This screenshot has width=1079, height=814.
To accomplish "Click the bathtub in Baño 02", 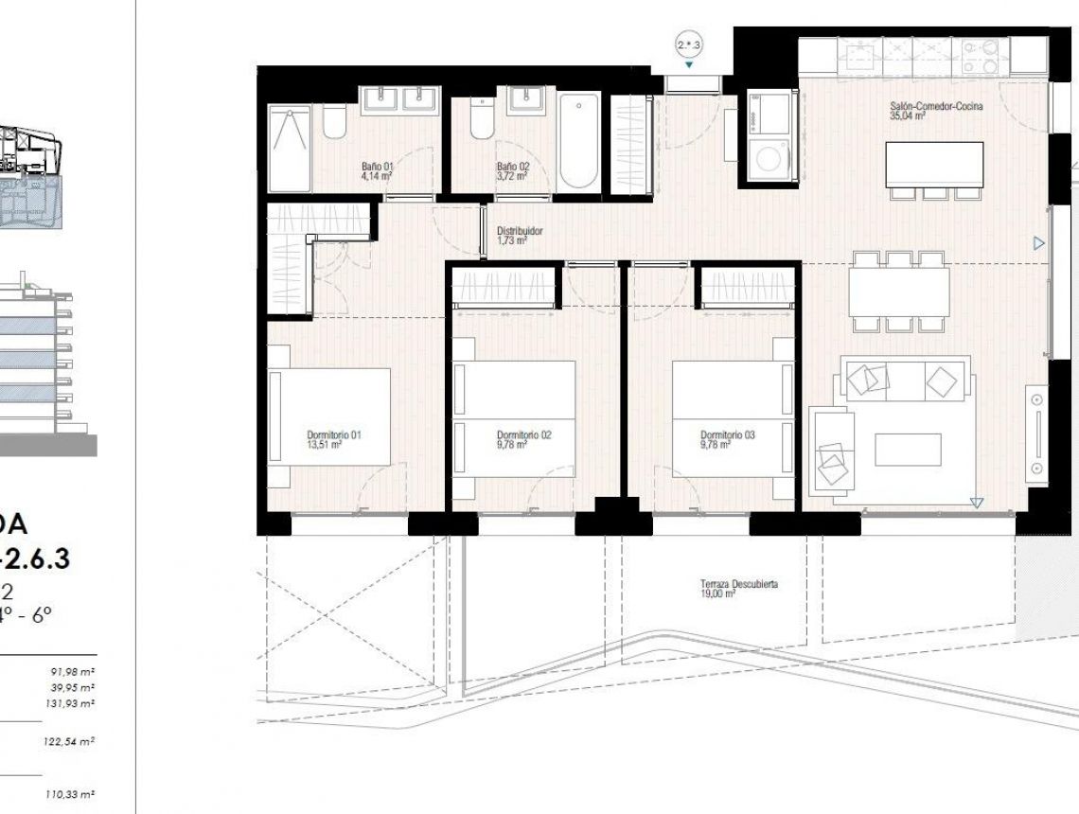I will point(578,142).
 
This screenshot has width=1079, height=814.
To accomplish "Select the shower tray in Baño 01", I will point(289,148).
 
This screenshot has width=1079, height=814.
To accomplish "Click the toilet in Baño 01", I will point(334,124).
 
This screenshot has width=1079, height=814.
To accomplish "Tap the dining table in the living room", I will point(898,292).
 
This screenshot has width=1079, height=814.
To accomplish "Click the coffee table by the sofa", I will point(907,449).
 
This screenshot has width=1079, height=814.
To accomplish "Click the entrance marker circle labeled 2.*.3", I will point(689,44).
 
